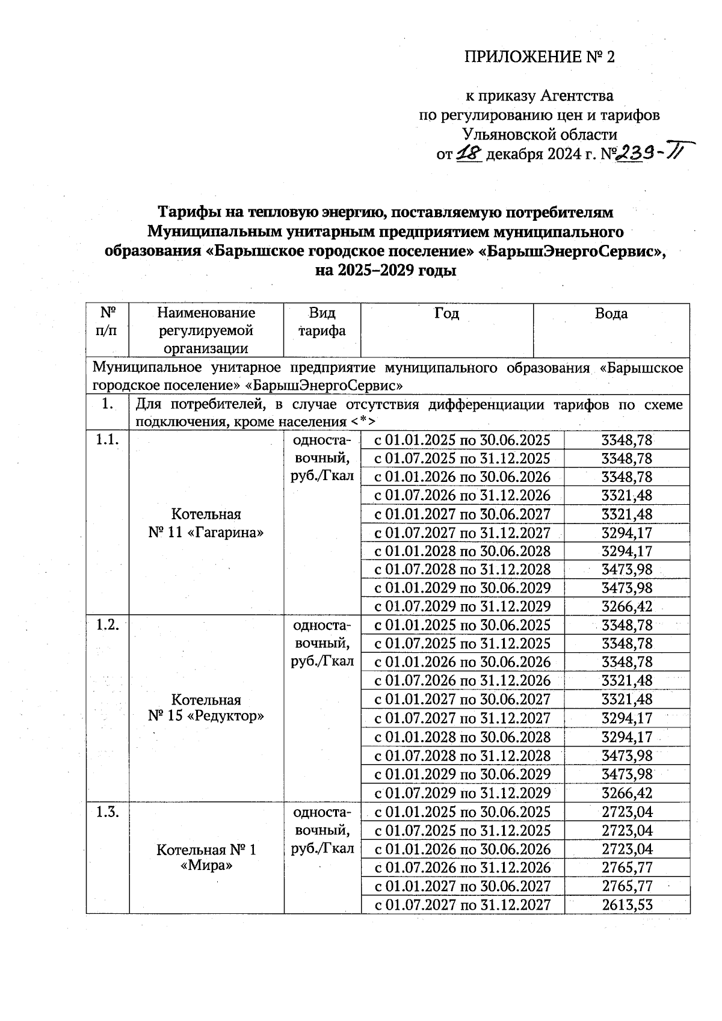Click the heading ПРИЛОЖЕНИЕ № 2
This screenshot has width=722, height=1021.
tap(540, 57)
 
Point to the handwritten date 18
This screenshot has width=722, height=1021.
tap(470, 154)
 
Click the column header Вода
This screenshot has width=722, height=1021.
tap(611, 313)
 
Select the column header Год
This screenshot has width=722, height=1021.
tap(446, 313)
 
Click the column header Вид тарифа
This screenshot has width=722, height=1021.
tap(322, 322)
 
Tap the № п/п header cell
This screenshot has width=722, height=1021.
tap(107, 322)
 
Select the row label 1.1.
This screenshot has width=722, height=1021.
tap(107, 440)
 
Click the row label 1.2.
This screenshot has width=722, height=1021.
tap(107, 625)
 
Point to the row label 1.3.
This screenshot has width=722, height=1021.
tap(107, 812)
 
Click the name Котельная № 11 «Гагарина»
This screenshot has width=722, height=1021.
tap(206, 523)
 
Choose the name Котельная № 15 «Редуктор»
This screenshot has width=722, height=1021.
tap(206, 708)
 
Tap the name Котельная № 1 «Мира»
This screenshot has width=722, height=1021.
tap(206, 858)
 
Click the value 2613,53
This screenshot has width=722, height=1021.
tap(627, 905)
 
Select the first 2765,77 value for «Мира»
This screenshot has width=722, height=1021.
tap(627, 868)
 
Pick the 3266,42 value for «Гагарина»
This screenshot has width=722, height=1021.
tap(627, 606)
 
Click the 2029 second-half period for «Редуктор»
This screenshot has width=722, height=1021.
tap(462, 793)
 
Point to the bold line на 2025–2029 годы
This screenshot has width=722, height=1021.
tap(386, 270)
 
